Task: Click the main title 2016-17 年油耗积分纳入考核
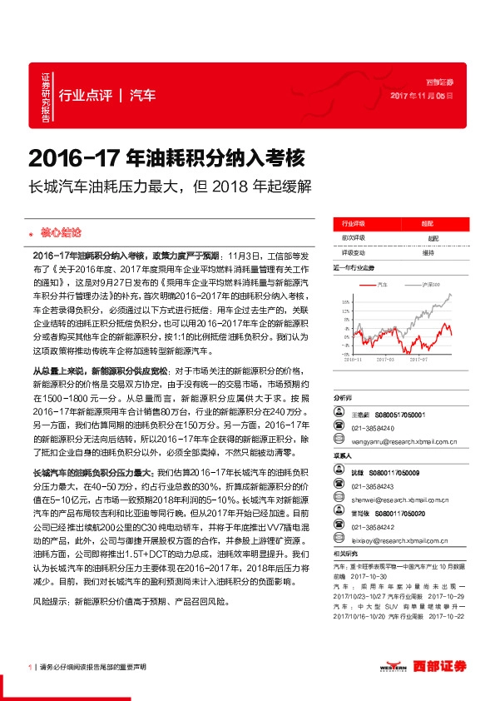[x=167, y=157]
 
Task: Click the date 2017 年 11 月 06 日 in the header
[x=422, y=97]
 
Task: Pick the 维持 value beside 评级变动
[x=428, y=252]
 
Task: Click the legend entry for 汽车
[x=382, y=284]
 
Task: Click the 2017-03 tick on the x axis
[x=387, y=359]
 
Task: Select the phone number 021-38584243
[x=373, y=487]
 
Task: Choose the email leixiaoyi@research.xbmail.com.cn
[x=400, y=540]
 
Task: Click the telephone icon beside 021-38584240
[x=339, y=429]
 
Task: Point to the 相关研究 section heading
[x=344, y=553]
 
